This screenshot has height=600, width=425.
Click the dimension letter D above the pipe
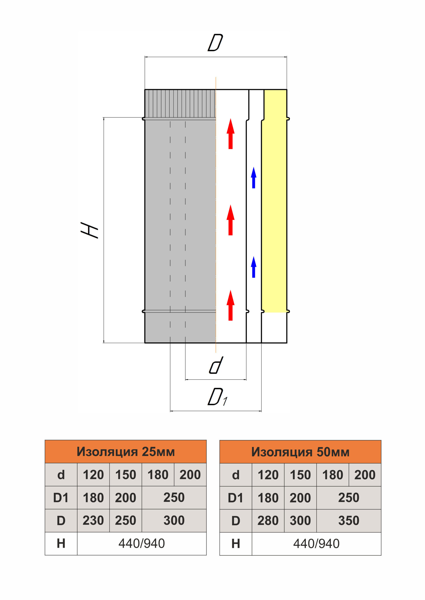[x=215, y=42]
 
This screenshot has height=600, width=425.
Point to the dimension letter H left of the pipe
[x=89, y=230]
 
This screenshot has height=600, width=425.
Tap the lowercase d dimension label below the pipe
[x=216, y=365]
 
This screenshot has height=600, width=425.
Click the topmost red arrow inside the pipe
[x=230, y=134]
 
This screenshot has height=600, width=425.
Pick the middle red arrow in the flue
[x=230, y=220]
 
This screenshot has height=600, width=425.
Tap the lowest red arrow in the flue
[x=230, y=305]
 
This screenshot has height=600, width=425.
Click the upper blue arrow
[x=254, y=178]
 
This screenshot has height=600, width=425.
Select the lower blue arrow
[x=254, y=267]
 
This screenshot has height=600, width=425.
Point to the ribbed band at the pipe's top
[x=180, y=104]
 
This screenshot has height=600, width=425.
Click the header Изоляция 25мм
[x=126, y=452]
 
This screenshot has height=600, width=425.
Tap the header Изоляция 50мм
[x=300, y=452]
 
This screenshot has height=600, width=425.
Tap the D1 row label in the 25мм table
[x=61, y=498]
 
